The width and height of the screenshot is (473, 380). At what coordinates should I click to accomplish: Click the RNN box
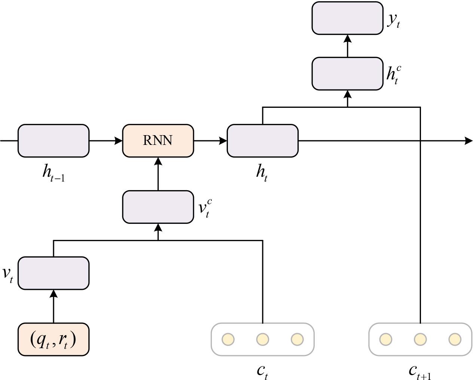pos(158,141)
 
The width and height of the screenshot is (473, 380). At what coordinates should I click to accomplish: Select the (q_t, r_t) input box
pos(54,339)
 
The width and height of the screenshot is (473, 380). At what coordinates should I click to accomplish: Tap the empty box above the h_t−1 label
pos(54,141)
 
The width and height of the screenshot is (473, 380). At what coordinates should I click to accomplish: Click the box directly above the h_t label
pos(262,141)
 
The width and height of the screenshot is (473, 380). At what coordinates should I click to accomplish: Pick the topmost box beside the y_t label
pos(347,18)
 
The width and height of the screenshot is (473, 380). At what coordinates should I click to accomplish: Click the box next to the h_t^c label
pos(347,74)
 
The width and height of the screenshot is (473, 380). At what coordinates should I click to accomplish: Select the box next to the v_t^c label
pos(158,207)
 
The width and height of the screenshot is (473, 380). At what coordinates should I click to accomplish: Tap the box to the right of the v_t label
pos(54,273)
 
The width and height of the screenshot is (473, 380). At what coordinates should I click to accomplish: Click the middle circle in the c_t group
pos(262,339)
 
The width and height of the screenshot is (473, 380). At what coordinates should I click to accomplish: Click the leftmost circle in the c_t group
pos(228,339)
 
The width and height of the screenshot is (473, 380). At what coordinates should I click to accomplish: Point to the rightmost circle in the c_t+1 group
pos(454,339)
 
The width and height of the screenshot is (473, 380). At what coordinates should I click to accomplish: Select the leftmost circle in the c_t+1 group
pos(385,339)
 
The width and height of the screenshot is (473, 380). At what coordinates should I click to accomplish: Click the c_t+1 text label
pos(419,371)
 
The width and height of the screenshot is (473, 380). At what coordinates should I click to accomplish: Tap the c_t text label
pos(262,371)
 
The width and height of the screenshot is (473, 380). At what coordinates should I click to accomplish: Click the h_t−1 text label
pos(54,173)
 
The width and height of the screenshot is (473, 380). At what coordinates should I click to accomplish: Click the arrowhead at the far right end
pos(468,141)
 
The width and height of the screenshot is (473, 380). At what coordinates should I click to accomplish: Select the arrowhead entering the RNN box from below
pos(158,161)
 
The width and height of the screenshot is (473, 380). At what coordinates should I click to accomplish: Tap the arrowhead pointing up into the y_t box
pos(347,39)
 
